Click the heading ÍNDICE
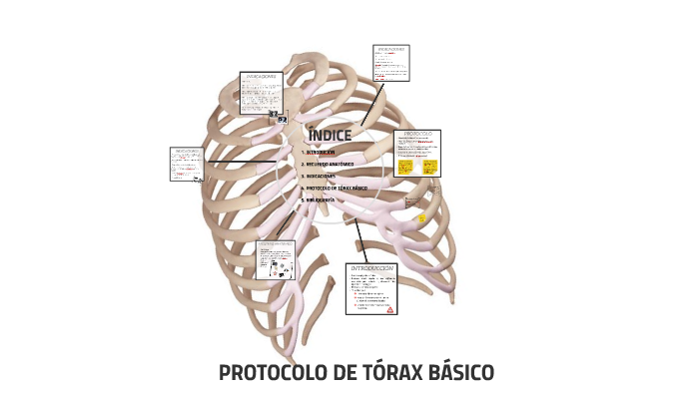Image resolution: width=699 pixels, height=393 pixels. point(330,136)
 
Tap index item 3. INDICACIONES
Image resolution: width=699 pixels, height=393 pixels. point(324,176)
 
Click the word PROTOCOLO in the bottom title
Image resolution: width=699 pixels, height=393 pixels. point(274,373)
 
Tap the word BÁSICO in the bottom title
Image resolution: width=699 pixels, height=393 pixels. point(460,373)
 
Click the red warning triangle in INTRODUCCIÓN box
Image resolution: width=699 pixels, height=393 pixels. point(390,309)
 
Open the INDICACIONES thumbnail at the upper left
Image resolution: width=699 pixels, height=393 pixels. point(262,93)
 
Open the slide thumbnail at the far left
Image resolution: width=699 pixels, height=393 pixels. point(187,165)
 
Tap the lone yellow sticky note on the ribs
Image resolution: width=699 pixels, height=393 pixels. point(421,218)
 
